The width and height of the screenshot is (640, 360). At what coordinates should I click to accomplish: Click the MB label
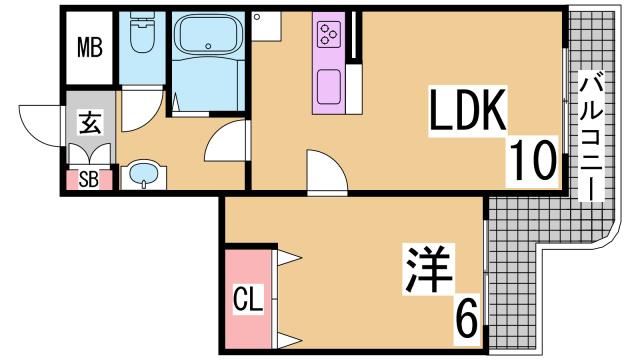tap(89, 47)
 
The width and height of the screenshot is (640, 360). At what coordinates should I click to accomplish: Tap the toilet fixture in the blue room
tap(142, 32)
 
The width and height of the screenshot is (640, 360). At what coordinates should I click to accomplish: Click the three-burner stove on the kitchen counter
tap(330, 34)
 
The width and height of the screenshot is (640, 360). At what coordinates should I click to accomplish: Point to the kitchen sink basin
tap(329, 87)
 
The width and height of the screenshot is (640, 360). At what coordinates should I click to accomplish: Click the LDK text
tap(467, 110)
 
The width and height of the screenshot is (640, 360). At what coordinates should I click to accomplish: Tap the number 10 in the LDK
tap(532, 160)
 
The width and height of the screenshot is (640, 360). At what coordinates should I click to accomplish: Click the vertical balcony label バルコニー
tap(591, 136)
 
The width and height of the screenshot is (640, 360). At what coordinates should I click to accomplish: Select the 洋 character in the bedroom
tap(427, 269)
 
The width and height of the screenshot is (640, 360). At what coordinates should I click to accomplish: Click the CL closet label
tap(248, 299)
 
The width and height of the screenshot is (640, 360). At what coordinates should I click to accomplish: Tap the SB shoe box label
tap(89, 179)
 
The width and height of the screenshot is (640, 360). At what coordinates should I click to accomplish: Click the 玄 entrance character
tap(90, 122)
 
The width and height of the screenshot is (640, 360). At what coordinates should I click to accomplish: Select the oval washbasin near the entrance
tap(143, 173)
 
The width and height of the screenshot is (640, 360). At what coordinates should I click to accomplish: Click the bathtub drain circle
tap(208, 46)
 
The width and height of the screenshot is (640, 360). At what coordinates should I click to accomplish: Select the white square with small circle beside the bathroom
tap(266, 26)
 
